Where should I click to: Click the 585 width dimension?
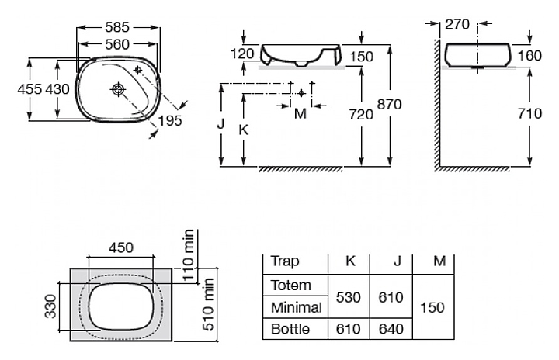coord(117,27)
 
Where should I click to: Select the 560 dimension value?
coord(117,44)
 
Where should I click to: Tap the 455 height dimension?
coord(30,88)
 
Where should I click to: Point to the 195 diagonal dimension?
coord(170,120)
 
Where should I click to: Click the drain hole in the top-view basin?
coord(118,88)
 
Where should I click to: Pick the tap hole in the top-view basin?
coord(138,70)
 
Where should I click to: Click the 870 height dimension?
coord(389,105)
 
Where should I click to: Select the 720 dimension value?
coord(361,114)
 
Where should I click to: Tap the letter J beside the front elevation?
coord(221,124)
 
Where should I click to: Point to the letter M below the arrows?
coord(300,114)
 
